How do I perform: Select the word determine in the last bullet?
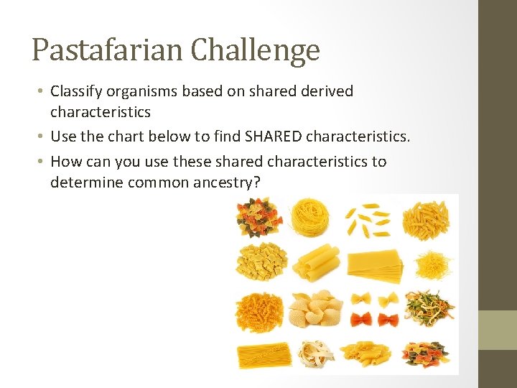[87, 183]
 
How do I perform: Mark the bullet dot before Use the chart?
[43, 137]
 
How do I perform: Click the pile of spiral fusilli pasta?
[261, 312]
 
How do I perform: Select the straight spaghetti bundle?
[263, 354]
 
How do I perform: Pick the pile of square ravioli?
[261, 262]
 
